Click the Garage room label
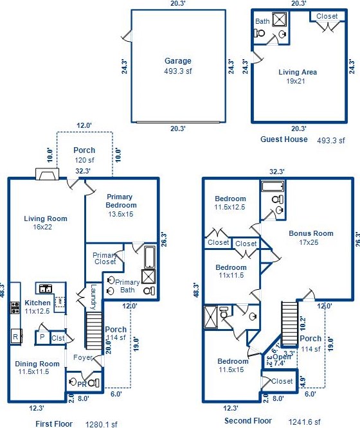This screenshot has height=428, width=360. pyautogui.click(x=178, y=61)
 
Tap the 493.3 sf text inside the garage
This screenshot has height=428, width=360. pyautogui.click(x=178, y=71)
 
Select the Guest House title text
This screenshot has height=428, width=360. pyautogui.click(x=283, y=139)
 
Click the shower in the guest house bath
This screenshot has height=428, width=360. pyautogui.click(x=280, y=19)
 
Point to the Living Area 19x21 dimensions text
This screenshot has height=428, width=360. pyautogui.click(x=296, y=81)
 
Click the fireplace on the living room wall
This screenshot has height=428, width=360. pyautogui.click(x=48, y=174)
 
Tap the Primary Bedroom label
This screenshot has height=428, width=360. pyautogui.click(x=120, y=201)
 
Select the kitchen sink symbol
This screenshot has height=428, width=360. pyautogui.click(x=46, y=289)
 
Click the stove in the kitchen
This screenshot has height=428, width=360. pyautogui.click(x=15, y=307)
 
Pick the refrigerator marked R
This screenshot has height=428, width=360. pyautogui.click(x=16, y=336)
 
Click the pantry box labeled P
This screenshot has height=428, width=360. pyautogui.click(x=42, y=337)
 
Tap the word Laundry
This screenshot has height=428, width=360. pyautogui.click(x=93, y=297)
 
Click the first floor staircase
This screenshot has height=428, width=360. pyautogui.click(x=94, y=330)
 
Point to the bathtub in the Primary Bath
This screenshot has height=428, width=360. pyautogui.click(x=149, y=258)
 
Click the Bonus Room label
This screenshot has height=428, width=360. pyautogui.click(x=311, y=233)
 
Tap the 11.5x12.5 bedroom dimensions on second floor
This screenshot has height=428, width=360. pyautogui.click(x=230, y=207)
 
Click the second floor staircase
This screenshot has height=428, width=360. pyautogui.click(x=289, y=323)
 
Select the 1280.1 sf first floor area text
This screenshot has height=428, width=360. pyautogui.click(x=102, y=424)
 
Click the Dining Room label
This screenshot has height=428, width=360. pyautogui.click(x=37, y=364)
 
